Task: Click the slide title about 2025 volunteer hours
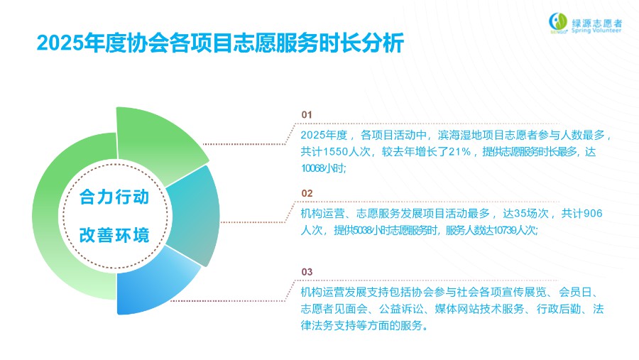(x=220, y=43)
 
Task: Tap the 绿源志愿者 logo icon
(x=558, y=23)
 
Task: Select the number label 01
(x=307, y=115)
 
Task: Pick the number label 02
(x=307, y=193)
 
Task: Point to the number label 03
(x=307, y=272)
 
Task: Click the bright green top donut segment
(x=159, y=143)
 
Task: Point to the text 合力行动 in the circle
(x=114, y=197)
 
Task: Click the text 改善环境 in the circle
(x=114, y=235)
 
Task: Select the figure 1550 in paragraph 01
(x=335, y=152)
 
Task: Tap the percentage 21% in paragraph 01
(x=459, y=152)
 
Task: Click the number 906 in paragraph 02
(x=593, y=213)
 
